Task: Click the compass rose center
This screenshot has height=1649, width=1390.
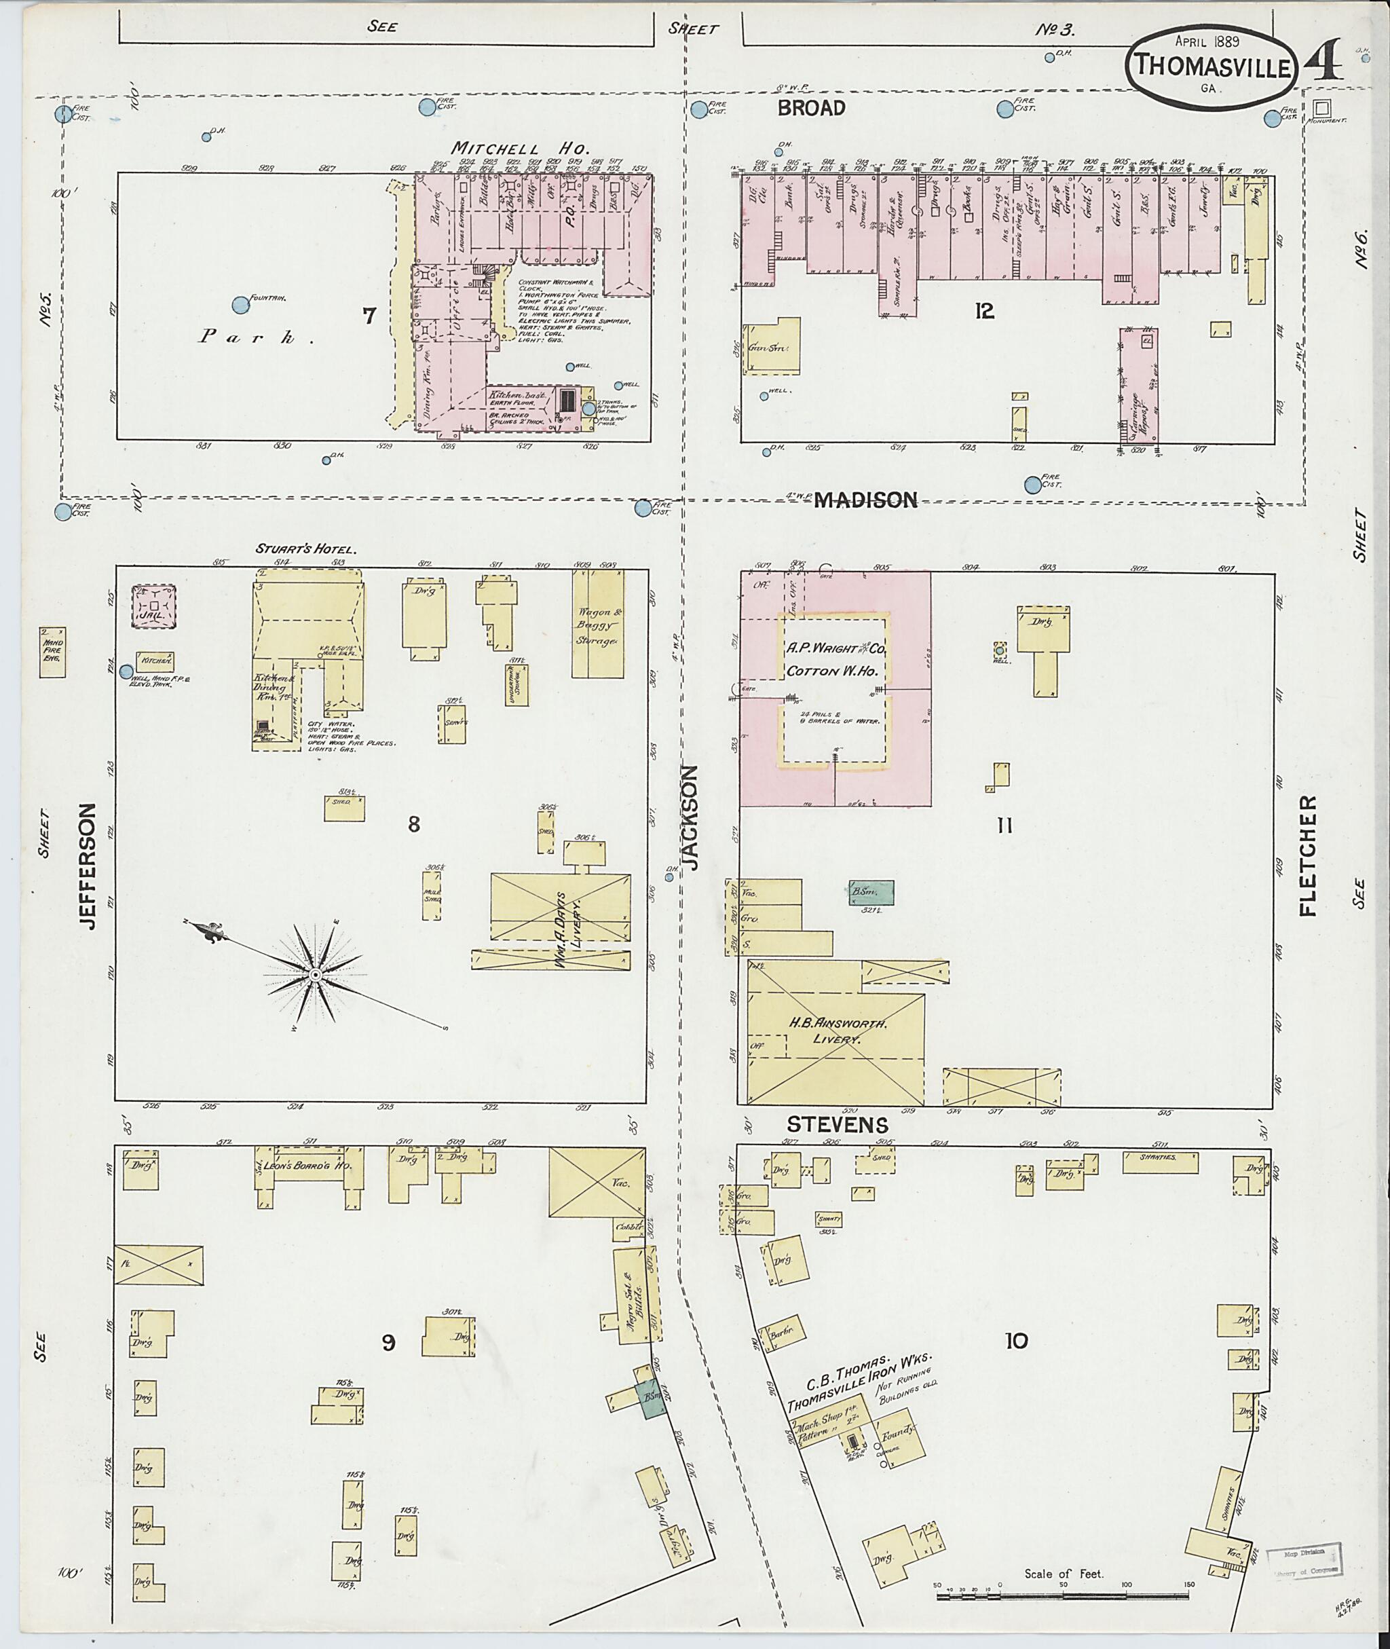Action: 315,975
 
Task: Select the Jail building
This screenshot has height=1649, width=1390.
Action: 153,606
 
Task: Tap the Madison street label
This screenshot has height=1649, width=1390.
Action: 866,499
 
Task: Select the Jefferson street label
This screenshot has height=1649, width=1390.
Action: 87,866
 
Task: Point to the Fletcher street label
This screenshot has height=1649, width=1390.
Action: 1307,856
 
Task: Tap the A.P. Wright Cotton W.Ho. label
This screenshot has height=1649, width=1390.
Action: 835,661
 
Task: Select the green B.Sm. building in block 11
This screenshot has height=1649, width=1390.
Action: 871,891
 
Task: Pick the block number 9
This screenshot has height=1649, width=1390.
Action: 388,1342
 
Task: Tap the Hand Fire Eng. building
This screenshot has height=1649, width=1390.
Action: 53,651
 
